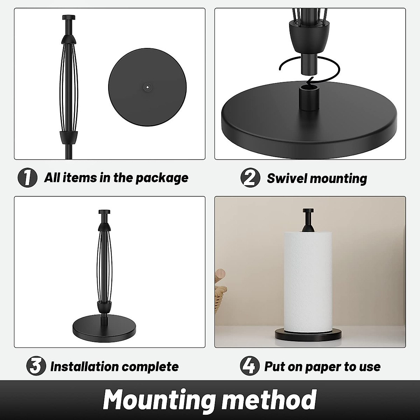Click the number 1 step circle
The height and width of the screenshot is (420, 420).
[27, 178]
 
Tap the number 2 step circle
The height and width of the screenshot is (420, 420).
[250, 178]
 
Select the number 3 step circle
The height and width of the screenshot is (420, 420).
[36, 366]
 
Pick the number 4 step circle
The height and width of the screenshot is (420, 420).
[250, 366]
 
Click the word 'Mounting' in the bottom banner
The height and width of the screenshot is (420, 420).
[159, 399]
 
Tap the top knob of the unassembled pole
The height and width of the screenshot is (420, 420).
[69, 17]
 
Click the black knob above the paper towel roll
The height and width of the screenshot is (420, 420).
[308, 220]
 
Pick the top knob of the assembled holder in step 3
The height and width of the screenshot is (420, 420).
[104, 212]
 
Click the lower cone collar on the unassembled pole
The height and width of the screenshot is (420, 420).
[69, 137]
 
